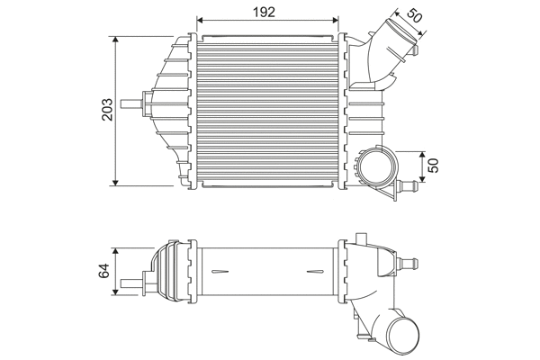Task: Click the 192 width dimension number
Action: (x=264, y=11)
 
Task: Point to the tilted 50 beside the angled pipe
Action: (x=414, y=15)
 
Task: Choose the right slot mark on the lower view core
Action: (x=316, y=270)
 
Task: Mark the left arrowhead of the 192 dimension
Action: (x=201, y=20)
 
